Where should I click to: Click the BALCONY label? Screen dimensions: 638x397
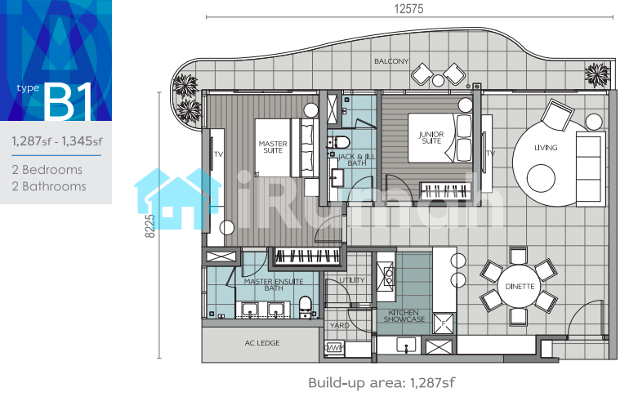pyautogui.click(x=391, y=61)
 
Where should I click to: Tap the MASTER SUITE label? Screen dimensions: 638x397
pyautogui.click(x=273, y=147)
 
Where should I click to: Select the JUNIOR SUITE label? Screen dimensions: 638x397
pyautogui.click(x=431, y=137)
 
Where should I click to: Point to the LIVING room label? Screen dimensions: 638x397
pyautogui.click(x=546, y=148)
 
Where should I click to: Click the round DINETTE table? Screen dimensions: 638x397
pyautogui.click(x=520, y=287)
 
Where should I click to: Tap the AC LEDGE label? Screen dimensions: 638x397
pyautogui.click(x=262, y=343)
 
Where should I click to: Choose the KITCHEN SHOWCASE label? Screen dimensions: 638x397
pyautogui.click(x=404, y=316)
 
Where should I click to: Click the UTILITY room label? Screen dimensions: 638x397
pyautogui.click(x=352, y=280)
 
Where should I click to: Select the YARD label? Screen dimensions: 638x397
pyautogui.click(x=339, y=325)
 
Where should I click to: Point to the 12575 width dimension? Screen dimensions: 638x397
pyautogui.click(x=408, y=9)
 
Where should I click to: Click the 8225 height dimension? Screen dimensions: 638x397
pyautogui.click(x=149, y=225)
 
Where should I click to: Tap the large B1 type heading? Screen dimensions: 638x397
pyautogui.click(x=69, y=102)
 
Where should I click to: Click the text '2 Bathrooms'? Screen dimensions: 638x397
pyautogui.click(x=49, y=186)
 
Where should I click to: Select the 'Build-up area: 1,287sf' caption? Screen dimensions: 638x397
pyautogui.click(x=381, y=383)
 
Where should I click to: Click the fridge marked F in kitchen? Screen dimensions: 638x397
pyautogui.click(x=443, y=323)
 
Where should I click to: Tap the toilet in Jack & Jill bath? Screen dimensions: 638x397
pyautogui.click(x=339, y=142)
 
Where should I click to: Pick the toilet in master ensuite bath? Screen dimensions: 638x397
pyautogui.click(x=306, y=307)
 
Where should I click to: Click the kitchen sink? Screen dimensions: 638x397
pyautogui.click(x=406, y=345)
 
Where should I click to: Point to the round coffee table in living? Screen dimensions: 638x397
pyautogui.click(x=541, y=178)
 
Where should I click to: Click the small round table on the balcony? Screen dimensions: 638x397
pyautogui.click(x=438, y=81)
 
